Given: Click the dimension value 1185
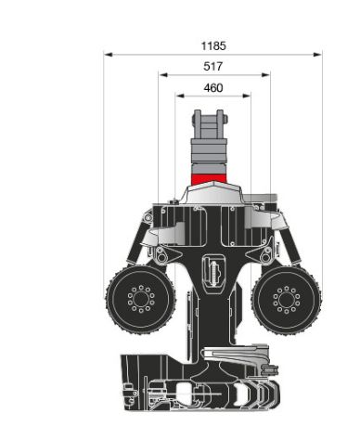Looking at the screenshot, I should (x=213, y=45).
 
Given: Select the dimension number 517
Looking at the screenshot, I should (x=213, y=66).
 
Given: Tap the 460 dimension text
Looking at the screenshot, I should (x=213, y=89).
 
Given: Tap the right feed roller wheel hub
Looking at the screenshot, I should (x=286, y=300).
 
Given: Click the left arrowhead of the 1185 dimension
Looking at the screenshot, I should (x=108, y=55).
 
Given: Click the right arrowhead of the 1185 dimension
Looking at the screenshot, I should (x=318, y=55).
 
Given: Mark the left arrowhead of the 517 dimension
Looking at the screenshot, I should (x=162, y=75).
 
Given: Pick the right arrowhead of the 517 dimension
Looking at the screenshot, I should (x=266, y=75).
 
